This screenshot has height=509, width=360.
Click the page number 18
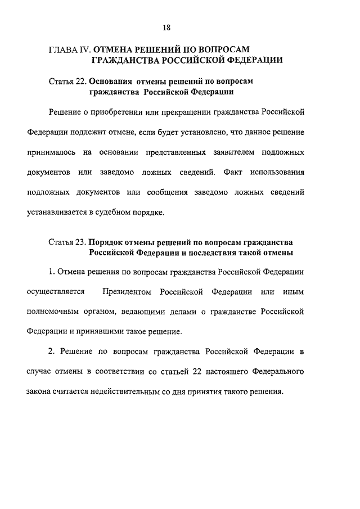(x=166, y=27)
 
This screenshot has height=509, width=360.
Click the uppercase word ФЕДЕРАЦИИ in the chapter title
(x=251, y=59)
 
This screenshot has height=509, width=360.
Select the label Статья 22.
(x=67, y=82)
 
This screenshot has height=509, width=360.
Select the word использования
(x=278, y=172)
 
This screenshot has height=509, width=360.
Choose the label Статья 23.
(x=67, y=243)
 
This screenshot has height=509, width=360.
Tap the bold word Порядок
(x=107, y=243)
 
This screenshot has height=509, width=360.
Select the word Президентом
(x=127, y=291)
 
